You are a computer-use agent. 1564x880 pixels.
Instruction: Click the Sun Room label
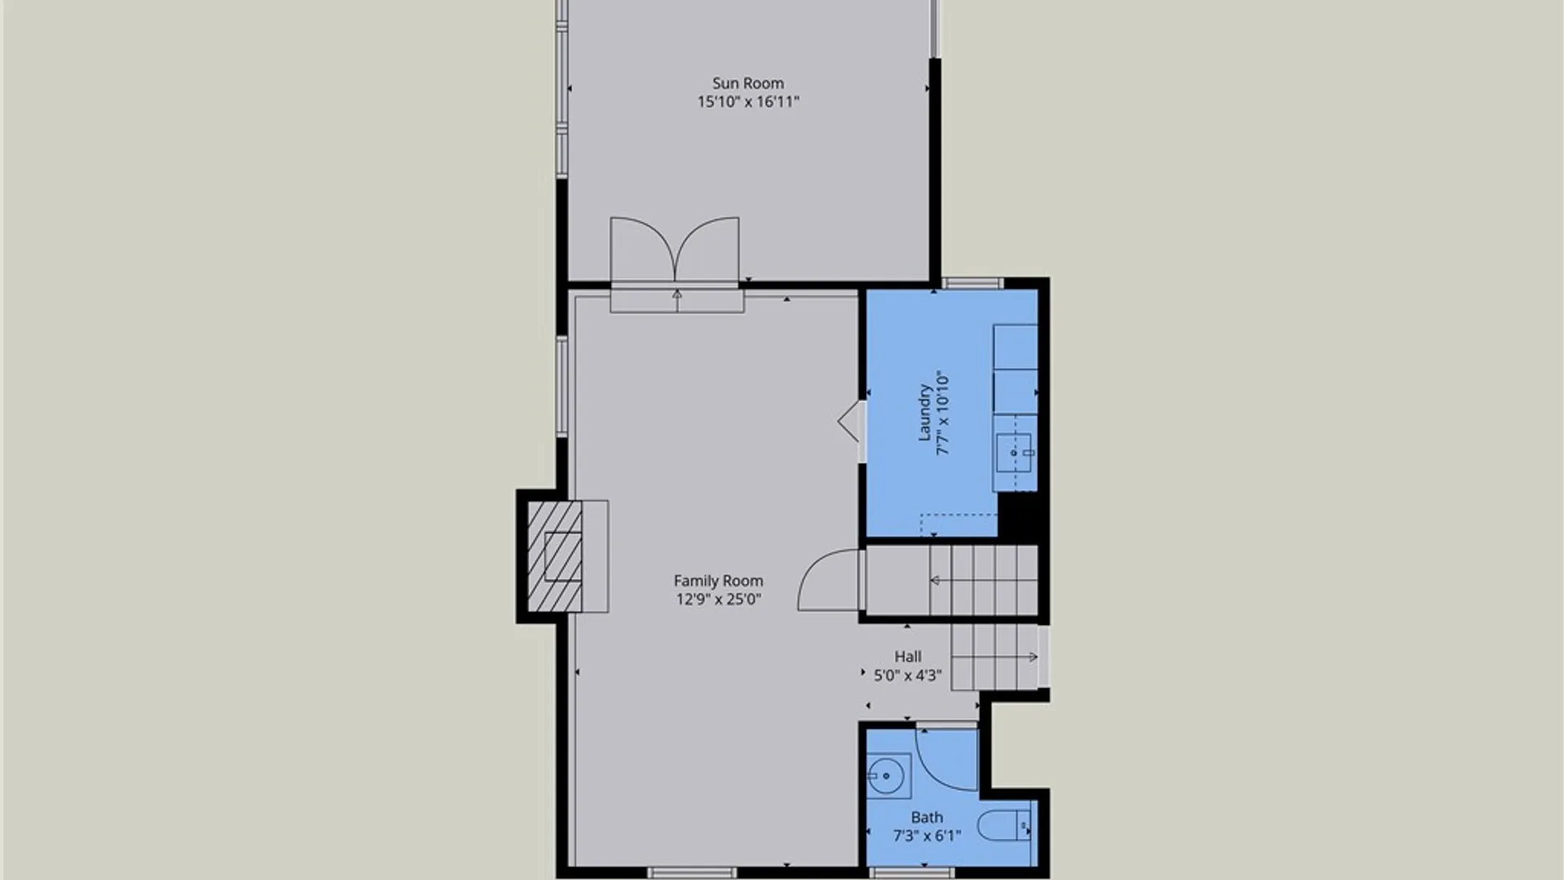pos(748,83)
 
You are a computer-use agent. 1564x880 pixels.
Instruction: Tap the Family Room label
pos(718,581)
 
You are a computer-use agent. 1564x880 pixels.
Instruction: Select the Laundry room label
pos(925,413)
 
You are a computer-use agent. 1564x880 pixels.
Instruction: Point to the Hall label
pos(907,657)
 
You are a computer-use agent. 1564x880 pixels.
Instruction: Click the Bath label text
pos(927,817)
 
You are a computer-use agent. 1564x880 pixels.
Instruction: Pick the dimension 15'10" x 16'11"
pos(748,102)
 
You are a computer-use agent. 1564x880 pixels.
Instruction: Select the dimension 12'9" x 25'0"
pos(718,600)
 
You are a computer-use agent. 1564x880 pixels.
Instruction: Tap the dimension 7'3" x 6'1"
pos(927,836)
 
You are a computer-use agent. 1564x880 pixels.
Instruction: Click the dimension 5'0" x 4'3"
pos(907,675)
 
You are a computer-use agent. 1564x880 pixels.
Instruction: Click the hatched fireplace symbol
pos(555,557)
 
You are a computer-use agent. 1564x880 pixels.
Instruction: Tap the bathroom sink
pos(887,775)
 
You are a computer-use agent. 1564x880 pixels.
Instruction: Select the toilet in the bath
pos(1004,825)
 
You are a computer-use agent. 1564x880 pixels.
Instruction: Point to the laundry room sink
pos(1014,453)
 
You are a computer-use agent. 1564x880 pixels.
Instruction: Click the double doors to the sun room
pos(675,252)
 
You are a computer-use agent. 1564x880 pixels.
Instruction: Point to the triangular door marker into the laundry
pos(850,421)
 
